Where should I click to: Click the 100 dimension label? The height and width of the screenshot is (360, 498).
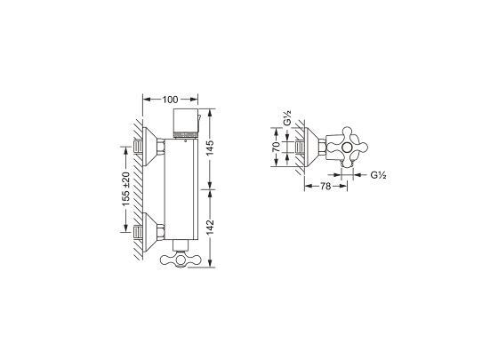tap(170, 100)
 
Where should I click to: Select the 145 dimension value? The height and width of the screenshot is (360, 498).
tap(210, 148)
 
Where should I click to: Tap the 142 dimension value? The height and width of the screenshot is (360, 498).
tap(210, 228)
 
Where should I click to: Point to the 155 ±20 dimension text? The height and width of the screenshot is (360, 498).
tap(126, 189)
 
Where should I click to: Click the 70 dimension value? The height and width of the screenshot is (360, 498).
tap(276, 147)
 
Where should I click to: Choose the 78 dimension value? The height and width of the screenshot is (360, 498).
tap(325, 187)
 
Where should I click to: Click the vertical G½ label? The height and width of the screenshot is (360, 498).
tap(288, 118)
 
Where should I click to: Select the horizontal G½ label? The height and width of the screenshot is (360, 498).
tap(378, 175)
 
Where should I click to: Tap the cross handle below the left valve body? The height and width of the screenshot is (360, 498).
tap(181, 260)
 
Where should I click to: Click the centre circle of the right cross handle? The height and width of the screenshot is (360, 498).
tap(347, 147)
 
